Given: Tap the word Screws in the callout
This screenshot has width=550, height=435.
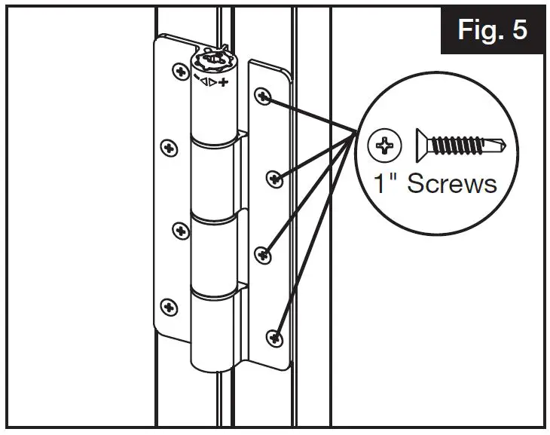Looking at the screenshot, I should pos(452,183).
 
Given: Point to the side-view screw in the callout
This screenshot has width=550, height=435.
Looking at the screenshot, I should pos(460,143).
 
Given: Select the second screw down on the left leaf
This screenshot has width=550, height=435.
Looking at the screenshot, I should pos(170,146).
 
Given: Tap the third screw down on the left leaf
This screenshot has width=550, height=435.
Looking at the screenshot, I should pos(181,230).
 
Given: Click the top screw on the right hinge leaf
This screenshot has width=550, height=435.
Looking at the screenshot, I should pos(262,96).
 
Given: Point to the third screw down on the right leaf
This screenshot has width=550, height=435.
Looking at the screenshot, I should pos(263,256).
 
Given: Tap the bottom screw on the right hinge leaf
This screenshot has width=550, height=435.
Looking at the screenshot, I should pos(276,335).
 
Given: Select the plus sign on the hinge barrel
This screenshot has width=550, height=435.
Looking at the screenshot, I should pos(223,80).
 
